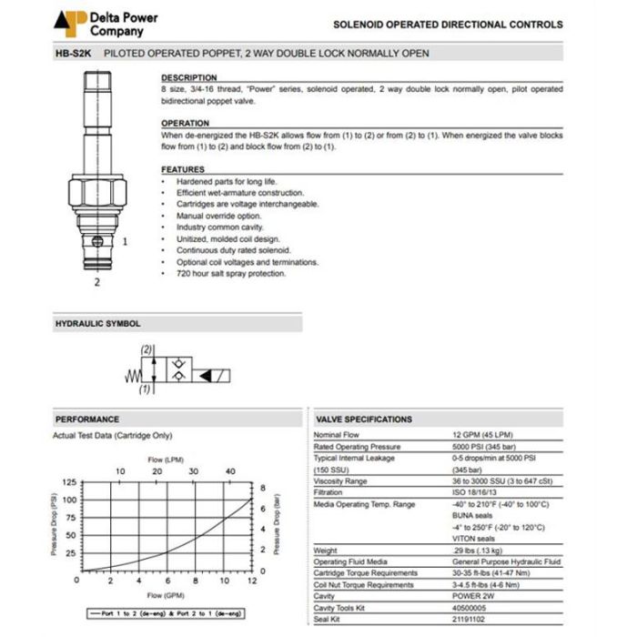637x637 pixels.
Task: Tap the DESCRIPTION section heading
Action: pos(189,78)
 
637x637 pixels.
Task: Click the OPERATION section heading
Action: pos(186,124)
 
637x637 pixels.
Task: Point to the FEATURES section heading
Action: pos(183,169)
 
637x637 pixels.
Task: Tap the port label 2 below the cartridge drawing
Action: pos(96,282)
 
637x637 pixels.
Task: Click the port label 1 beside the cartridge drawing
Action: pos(125,242)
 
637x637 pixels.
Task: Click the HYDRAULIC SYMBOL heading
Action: pos(98,323)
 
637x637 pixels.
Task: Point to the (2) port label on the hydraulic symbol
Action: pos(146,350)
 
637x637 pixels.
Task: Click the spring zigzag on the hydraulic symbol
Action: pos(131,374)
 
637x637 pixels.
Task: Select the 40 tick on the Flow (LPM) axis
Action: pos(229,472)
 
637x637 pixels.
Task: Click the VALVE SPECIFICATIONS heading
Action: pos(364,420)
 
